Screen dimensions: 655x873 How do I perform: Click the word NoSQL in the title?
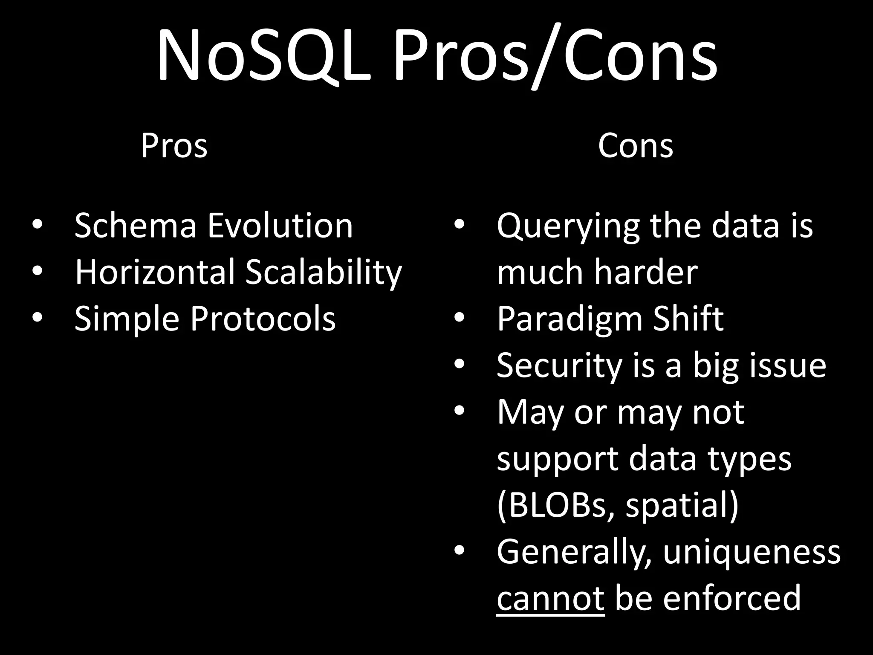264,55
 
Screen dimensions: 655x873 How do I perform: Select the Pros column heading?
174,146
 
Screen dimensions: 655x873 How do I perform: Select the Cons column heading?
635,146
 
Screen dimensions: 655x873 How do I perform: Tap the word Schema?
136,226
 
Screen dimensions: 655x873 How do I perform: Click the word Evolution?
280,226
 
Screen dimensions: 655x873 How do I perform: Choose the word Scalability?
324,273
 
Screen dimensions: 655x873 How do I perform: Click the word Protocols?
263,319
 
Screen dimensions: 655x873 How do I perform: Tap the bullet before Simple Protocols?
37,317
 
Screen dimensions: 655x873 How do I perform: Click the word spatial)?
682,505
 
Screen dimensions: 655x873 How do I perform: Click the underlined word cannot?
550,598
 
